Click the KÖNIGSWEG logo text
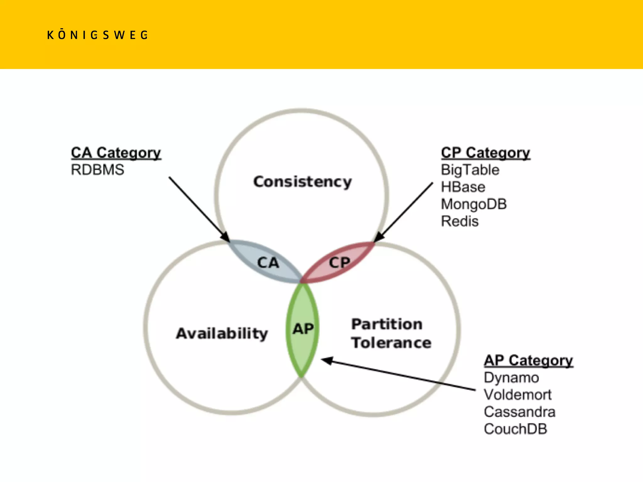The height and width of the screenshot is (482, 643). point(97,35)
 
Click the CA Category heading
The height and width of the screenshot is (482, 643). point(116,153)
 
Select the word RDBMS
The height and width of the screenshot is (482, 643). point(98,170)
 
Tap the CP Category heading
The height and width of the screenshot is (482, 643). point(485,153)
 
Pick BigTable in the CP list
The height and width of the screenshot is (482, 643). point(470,170)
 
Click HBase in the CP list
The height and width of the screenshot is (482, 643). point(463,187)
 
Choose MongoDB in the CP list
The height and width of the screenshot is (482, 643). point(474,204)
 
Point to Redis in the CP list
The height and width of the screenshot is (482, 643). point(460,221)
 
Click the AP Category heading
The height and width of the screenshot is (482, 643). point(528,361)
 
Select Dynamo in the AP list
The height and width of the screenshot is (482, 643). point(511,378)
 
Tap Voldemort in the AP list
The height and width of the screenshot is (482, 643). point(518,395)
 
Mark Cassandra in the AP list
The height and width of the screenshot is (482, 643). point(520,412)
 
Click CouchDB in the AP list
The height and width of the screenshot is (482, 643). point(516,429)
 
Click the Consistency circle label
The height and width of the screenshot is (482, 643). point(303,182)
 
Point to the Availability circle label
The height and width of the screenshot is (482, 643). point(222,333)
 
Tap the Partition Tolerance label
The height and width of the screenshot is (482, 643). point(391,333)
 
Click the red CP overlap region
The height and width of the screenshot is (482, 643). point(339,262)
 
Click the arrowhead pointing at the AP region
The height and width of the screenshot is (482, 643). point(327,361)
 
